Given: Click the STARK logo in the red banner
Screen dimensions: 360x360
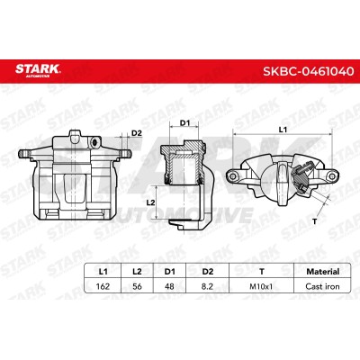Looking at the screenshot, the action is tap(38, 70).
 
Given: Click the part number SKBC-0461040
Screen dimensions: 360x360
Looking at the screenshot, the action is tap(309, 71).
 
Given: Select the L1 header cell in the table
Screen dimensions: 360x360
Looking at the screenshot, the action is tap(103, 272).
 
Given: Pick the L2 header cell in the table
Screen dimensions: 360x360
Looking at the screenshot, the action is tap(137, 272).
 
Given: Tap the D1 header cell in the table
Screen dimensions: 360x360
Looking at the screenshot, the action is tap(169, 272).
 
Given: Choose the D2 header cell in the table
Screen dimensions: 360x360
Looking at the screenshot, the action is tap(207, 272).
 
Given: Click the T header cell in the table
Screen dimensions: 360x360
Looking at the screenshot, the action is tap(262, 272).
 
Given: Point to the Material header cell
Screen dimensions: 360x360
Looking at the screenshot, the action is tap(322, 272).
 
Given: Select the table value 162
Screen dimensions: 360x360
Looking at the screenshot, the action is tap(103, 286).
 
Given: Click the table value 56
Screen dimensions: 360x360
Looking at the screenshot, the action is tap(137, 286).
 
